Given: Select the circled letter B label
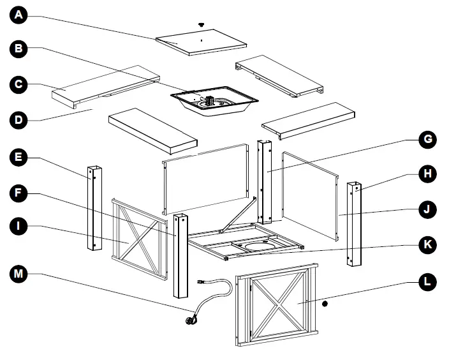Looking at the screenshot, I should [x=20, y=49].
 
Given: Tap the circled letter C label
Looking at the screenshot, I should [x=20, y=83].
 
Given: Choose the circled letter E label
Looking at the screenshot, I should [x=20, y=156].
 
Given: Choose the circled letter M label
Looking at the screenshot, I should [x=20, y=274].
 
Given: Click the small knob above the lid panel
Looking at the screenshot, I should [x=203, y=24].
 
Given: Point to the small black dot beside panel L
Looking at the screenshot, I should [x=325, y=303].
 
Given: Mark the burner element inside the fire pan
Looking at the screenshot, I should [x=209, y=101].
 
